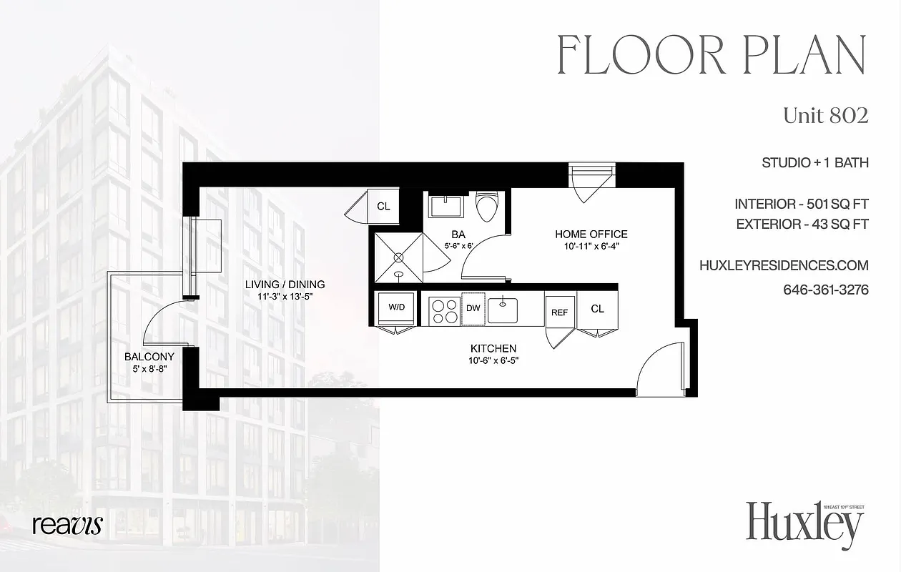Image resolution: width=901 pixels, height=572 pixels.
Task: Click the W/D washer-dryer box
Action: (395, 307)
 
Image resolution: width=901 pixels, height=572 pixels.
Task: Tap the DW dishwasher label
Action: (473, 308)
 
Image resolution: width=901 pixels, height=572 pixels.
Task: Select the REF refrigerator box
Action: (559, 312)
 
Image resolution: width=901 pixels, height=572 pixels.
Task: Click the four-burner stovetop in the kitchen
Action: (443, 309)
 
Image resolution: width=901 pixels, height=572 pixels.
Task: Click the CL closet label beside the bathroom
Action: (383, 207)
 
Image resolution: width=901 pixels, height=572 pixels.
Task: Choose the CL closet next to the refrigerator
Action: (597, 309)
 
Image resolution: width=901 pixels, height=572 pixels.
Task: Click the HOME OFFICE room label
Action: (591, 234)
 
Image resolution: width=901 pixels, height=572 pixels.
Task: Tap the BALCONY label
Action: (149, 356)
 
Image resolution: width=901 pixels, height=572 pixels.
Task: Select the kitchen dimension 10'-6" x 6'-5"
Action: (493, 360)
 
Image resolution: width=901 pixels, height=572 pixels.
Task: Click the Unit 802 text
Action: (825, 115)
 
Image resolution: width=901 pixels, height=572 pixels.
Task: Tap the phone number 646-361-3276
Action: (825, 290)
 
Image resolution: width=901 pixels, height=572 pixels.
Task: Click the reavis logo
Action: (67, 525)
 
